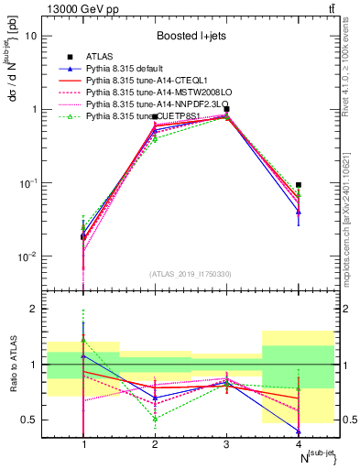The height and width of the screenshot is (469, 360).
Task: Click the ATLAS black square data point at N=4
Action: tap(299, 159)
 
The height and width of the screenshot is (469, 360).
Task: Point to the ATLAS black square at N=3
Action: tap(226, 109)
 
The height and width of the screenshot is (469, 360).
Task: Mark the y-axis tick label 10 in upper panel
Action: tap(30, 37)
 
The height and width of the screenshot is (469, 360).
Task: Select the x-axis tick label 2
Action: tap(155, 442)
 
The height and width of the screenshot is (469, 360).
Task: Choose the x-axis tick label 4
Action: tap(299, 442)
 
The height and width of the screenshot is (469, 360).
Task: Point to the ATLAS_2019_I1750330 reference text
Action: tap(191, 273)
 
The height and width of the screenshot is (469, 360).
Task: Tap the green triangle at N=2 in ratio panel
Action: tap(155, 419)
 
